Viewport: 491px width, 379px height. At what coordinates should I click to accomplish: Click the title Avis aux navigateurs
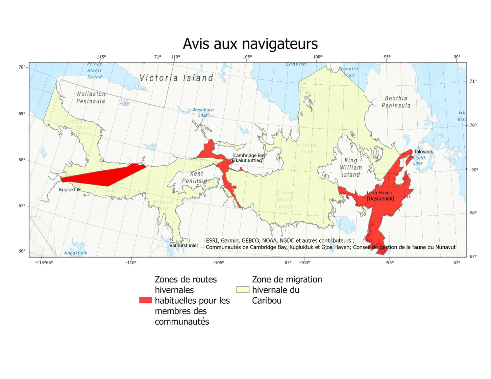coord(250,44)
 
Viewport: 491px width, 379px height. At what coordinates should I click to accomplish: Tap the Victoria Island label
coord(176,78)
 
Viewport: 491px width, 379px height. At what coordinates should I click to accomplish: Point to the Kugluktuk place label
coord(70,190)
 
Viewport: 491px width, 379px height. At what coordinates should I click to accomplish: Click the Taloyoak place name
coord(423,152)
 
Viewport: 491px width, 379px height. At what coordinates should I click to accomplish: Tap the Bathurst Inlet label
coord(183,245)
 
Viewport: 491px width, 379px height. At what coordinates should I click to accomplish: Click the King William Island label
coord(350,167)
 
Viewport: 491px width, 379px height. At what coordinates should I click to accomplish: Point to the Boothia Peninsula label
coord(396,102)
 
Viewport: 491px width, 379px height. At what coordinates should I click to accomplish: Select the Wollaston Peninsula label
coord(91,98)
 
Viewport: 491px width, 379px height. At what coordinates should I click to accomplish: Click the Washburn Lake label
coord(203,112)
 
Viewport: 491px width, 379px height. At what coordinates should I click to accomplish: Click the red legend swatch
coord(145,300)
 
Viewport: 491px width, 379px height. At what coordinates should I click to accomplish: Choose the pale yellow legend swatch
coord(243,290)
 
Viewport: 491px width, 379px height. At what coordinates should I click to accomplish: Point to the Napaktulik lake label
coord(75,253)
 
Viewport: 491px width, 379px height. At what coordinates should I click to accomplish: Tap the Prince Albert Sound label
coord(94,71)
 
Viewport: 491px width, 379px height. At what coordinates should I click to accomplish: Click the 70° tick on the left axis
coord(22,67)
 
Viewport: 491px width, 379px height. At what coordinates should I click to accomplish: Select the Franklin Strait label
coord(348,72)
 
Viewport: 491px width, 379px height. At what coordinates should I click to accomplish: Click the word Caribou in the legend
coord(267,300)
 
